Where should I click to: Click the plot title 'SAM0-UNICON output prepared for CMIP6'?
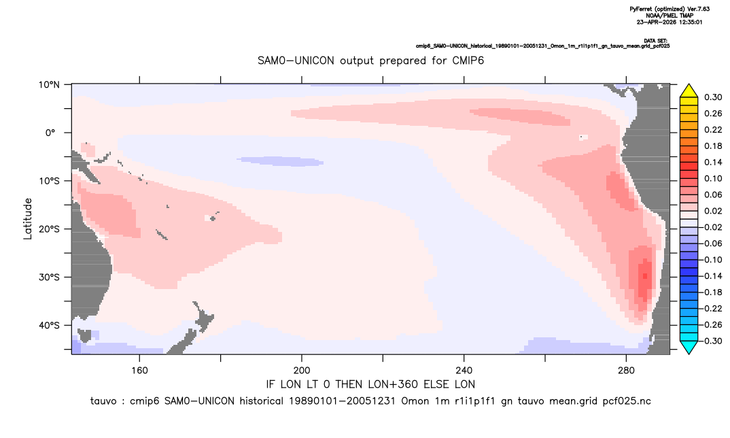(x=370, y=61)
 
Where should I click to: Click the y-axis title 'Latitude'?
(x=27, y=219)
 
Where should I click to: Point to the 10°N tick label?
(x=50, y=85)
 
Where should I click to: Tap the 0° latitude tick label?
(x=50, y=133)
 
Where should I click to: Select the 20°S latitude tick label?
(x=50, y=229)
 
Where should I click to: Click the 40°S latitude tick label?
(x=50, y=325)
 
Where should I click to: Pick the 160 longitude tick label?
(x=139, y=371)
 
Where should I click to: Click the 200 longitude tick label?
(x=302, y=371)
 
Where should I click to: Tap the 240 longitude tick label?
(x=464, y=371)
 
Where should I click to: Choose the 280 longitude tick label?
(x=626, y=371)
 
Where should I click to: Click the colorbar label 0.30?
(x=713, y=97)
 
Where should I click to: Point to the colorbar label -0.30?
(x=712, y=341)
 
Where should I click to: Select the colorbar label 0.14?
(x=713, y=162)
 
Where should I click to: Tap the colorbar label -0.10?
(x=712, y=260)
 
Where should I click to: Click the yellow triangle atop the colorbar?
(x=689, y=91)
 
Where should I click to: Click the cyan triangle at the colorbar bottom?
(x=689, y=347)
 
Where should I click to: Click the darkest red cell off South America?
(x=645, y=276)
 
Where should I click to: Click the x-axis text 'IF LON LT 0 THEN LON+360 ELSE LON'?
(x=370, y=385)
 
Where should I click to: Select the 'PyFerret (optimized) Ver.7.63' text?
(x=670, y=9)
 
